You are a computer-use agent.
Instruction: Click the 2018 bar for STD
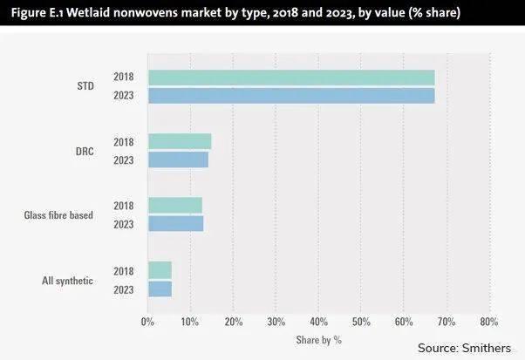pos(291,78)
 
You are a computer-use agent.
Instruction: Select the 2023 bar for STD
pos(291,95)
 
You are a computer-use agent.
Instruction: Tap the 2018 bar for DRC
pos(180,141)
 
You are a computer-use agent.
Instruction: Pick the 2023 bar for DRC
pos(178,160)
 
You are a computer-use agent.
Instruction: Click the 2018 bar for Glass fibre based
pos(175,205)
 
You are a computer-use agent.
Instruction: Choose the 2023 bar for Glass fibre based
pos(175,223)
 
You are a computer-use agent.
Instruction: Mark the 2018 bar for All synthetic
pos(160,270)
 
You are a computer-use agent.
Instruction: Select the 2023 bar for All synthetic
pos(160,288)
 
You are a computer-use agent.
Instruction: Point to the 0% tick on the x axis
pos(148,321)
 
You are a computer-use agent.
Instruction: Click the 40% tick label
pos(318,321)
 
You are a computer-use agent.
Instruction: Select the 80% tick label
pos(489,321)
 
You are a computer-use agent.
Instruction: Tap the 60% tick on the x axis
pos(404,321)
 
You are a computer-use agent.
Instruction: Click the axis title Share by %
pos(318,337)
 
